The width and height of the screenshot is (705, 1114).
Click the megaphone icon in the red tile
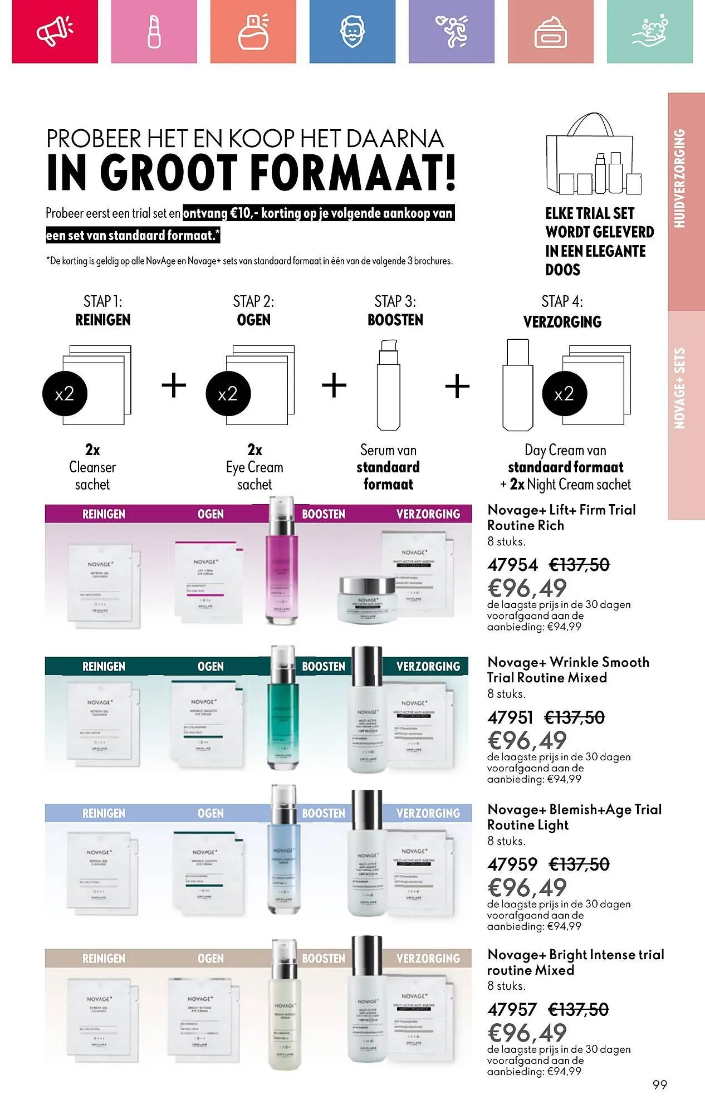[55, 31]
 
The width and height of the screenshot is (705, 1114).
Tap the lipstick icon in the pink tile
[154, 31]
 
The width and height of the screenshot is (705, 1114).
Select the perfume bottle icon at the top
[253, 31]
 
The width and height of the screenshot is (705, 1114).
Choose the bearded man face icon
[352, 31]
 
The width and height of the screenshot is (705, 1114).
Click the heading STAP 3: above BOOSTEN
[395, 301]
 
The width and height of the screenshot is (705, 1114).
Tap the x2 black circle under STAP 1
[65, 394]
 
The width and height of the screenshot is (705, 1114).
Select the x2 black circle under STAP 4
[564, 394]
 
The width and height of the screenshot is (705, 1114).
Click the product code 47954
[512, 565]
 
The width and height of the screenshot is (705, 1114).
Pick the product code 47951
[510, 717]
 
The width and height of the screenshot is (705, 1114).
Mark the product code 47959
[512, 864]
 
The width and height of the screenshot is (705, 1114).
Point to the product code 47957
[512, 1009]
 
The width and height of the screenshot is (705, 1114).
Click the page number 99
[660, 1084]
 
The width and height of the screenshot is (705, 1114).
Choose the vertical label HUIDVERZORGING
[679, 178]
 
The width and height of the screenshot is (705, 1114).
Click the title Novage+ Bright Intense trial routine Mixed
[575, 962]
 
